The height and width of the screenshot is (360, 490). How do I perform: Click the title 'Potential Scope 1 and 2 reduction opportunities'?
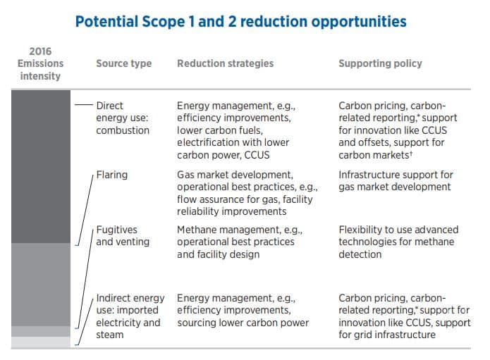[x=240, y=22]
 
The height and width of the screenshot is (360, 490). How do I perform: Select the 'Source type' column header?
[x=124, y=63]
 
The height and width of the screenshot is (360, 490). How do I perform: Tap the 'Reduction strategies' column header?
[x=226, y=63]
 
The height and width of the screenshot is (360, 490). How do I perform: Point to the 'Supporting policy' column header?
[x=380, y=63]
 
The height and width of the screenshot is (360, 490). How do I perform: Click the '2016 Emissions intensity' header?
[x=40, y=63]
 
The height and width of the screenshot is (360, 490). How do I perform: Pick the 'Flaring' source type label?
[x=112, y=175]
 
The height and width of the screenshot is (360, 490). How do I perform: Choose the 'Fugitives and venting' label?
[x=123, y=236]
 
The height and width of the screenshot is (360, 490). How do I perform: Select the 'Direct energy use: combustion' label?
[x=123, y=118]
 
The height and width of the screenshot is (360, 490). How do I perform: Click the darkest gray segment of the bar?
[x=41, y=166]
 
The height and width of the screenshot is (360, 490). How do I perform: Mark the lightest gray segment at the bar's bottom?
[x=41, y=342]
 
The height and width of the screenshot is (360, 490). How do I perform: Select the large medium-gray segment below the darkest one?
[x=41, y=285]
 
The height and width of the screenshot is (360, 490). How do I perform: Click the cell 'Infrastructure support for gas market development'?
[x=396, y=181]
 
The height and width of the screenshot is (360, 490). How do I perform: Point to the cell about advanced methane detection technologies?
[x=398, y=242]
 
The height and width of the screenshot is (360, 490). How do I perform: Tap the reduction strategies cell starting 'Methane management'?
[x=240, y=242]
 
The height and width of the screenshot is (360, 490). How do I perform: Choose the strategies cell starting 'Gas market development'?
[x=247, y=193]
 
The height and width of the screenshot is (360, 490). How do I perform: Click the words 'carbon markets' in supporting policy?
[x=374, y=155]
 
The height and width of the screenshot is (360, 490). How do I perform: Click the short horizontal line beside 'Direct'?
[x=84, y=104]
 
